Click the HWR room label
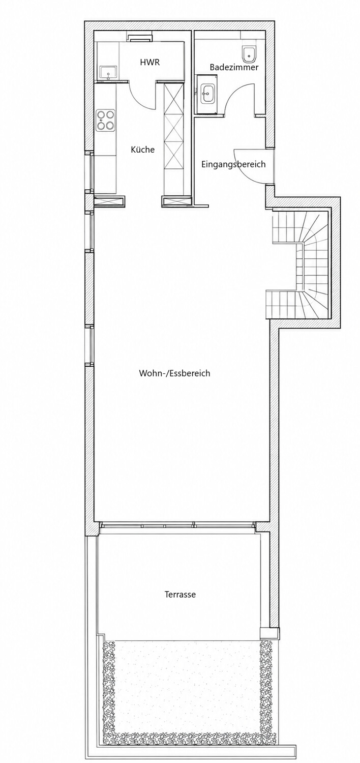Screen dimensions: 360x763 click(149, 63)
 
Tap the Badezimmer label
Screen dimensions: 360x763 click(234, 68)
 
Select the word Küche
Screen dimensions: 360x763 click(143, 149)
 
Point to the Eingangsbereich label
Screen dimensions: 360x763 click(233, 164)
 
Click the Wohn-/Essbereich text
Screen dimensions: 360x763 click(174, 373)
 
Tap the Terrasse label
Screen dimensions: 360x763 click(180, 595)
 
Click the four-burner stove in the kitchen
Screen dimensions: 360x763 click(105, 121)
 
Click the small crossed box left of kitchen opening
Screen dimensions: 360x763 click(109, 201)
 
